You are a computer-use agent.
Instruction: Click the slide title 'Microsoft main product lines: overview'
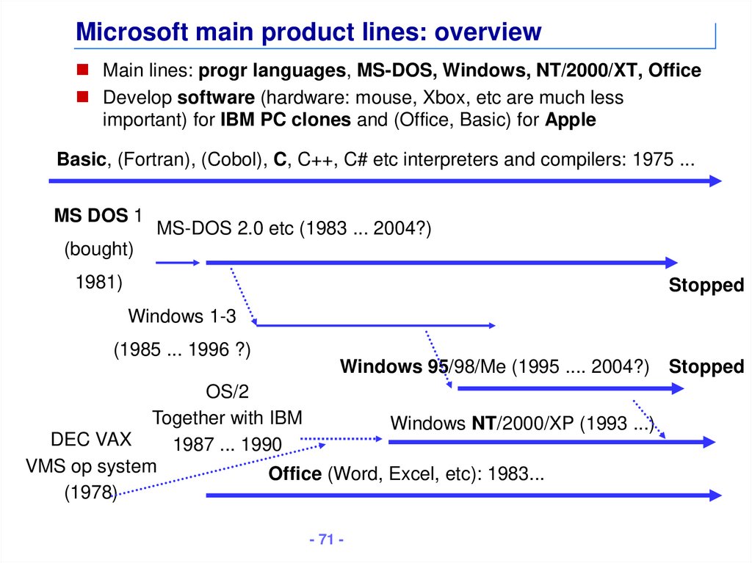pyautogui.click(x=308, y=32)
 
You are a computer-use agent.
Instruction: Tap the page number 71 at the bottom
pyautogui.click(x=327, y=540)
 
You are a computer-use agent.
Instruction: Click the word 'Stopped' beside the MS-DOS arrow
pyautogui.click(x=706, y=286)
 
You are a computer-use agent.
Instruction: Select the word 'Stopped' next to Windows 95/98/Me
pyautogui.click(x=706, y=366)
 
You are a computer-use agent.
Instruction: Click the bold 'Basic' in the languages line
pyautogui.click(x=82, y=159)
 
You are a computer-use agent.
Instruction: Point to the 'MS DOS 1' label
pyautogui.click(x=96, y=216)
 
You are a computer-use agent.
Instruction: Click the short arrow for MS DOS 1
pyautogui.click(x=177, y=262)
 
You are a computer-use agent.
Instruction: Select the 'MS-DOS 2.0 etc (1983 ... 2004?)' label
pyautogui.click(x=294, y=229)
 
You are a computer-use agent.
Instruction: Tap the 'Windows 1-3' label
pyautogui.click(x=182, y=316)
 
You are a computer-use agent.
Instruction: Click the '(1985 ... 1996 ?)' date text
pyautogui.click(x=182, y=350)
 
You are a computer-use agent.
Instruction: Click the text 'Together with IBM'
pyautogui.click(x=227, y=418)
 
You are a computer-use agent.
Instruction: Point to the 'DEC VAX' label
pyautogui.click(x=91, y=440)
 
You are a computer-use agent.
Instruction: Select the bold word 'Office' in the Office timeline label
pyautogui.click(x=294, y=473)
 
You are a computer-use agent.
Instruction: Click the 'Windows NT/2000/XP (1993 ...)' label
pyautogui.click(x=521, y=424)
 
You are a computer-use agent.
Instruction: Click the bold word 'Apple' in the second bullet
pyautogui.click(x=570, y=120)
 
